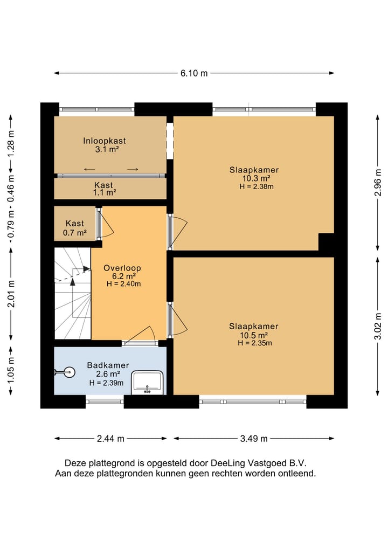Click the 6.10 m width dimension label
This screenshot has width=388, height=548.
coord(194,73)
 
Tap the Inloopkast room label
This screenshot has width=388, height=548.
coord(104,141)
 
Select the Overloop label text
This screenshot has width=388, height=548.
coord(122,268)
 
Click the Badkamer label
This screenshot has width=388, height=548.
coord(108,365)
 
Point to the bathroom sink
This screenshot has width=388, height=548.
coord(147,383)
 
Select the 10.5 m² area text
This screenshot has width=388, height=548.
coord(254,335)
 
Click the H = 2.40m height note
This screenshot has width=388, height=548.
coord(124,284)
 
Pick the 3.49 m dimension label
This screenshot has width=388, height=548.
coord(254,439)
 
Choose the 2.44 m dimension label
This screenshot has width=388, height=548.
coord(110,439)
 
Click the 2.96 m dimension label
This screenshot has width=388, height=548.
coord(378,183)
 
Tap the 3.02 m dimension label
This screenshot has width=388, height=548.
coord(378,326)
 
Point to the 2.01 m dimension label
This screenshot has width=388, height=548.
coord(11,294)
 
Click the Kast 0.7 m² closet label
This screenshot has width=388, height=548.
coord(75,228)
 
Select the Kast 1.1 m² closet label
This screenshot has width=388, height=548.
coord(104,189)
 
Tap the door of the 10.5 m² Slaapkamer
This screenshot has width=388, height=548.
coord(178,320)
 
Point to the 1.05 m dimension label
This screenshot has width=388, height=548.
coord(11,371)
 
